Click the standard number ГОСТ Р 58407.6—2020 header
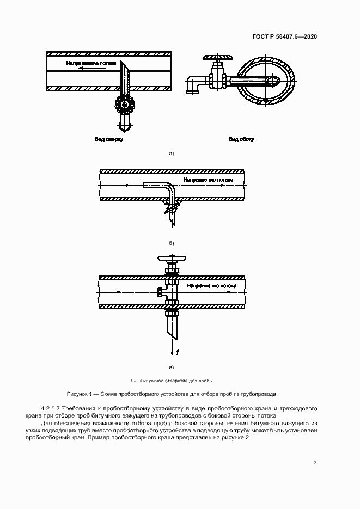pos(285,36)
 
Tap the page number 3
pos(315,463)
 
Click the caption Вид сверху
pos(109,139)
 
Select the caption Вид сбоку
pos(241,139)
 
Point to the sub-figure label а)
pos(171,154)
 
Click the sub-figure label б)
pos(171,243)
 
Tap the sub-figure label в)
pos(171,367)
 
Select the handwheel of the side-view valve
pos(217,57)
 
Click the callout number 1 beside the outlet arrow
pos(177,352)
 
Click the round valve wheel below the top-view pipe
pos(125,104)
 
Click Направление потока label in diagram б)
pos(208,180)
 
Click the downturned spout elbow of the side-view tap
pos(191,87)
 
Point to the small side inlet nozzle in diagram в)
pos(160,293)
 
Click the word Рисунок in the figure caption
pos(77,393)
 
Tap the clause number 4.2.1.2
pos(54,408)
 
